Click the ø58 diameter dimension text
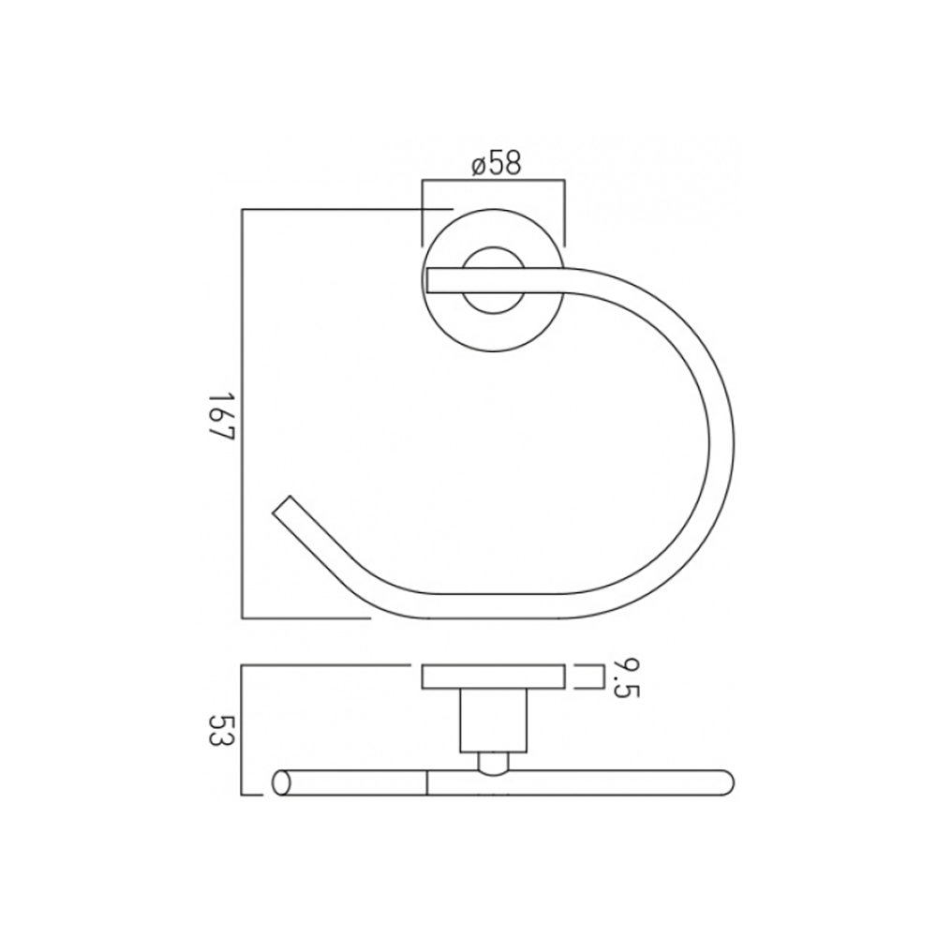(496, 165)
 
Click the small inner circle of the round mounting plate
(494, 280)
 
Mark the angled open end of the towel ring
(283, 506)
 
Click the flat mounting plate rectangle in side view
(494, 677)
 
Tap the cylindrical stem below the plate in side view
(494, 721)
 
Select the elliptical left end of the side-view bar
(279, 782)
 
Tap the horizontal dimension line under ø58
(494, 180)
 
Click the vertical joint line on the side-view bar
(426, 782)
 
